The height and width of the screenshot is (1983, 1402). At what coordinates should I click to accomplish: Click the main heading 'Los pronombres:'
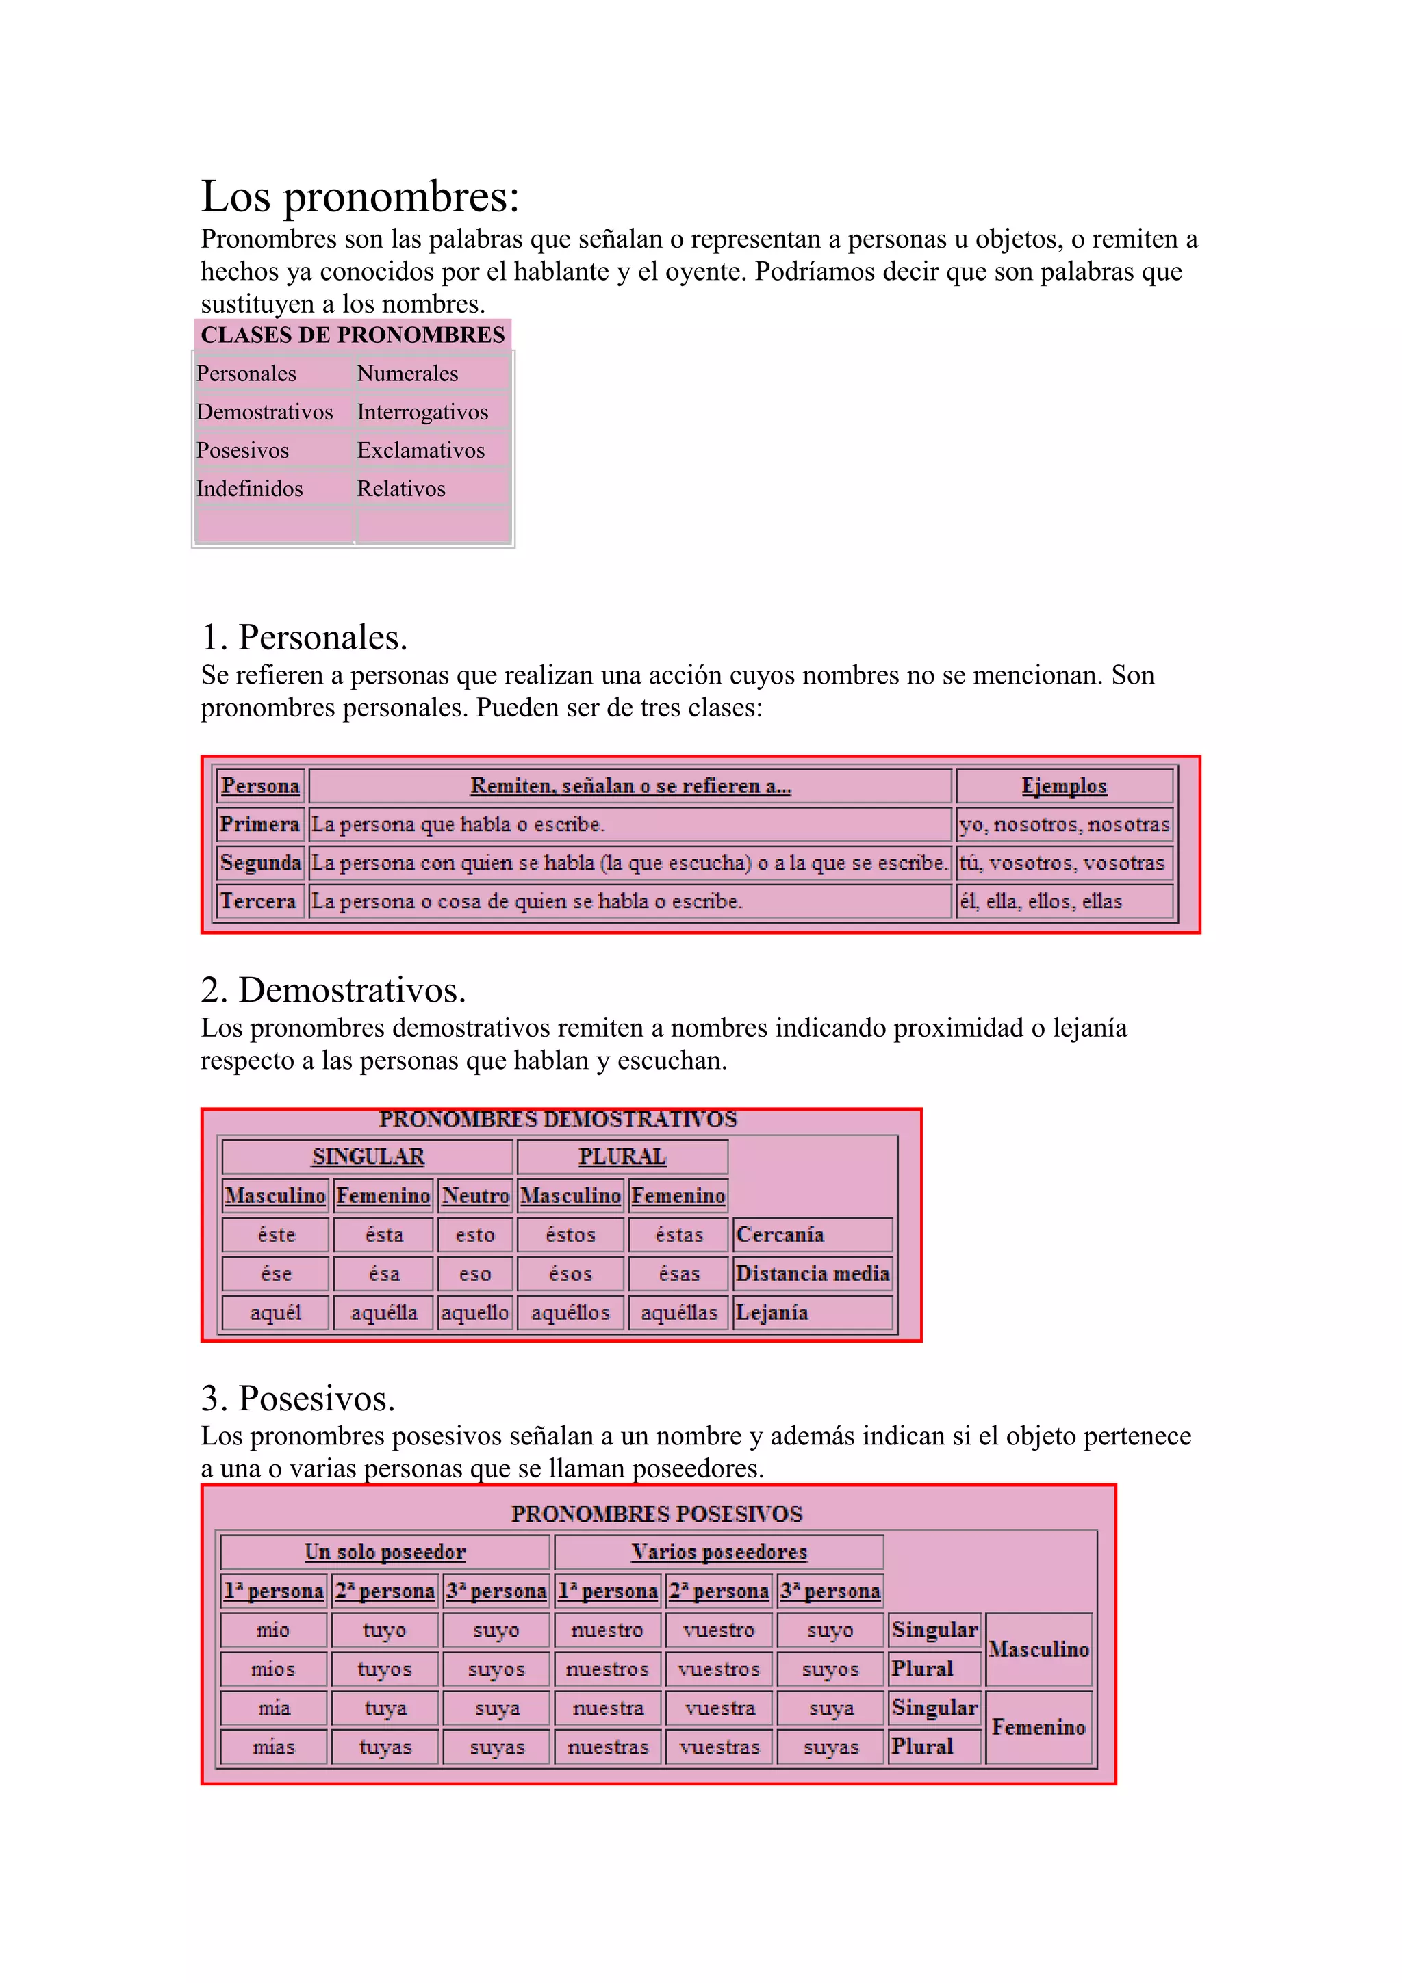360,197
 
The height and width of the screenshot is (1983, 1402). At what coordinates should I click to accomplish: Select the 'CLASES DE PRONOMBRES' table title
353,335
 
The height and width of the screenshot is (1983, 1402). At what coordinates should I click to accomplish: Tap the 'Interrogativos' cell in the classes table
422,412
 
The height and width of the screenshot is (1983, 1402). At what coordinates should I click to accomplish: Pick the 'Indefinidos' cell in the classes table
250,489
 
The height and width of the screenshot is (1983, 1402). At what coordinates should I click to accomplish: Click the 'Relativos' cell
401,489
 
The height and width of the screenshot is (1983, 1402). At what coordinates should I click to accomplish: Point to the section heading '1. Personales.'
304,638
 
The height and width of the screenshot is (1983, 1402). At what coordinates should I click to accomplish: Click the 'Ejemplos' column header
1063,786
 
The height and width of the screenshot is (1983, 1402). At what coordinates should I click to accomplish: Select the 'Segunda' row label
260,863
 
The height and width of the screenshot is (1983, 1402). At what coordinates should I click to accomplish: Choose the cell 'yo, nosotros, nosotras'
1063,825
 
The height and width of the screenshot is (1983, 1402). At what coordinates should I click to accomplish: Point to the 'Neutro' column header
475,1196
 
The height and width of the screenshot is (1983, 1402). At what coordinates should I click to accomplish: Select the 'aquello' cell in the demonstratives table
475,1313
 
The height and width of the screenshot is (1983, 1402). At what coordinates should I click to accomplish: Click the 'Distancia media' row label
812,1274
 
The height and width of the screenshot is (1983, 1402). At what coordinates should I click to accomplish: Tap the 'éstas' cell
679,1235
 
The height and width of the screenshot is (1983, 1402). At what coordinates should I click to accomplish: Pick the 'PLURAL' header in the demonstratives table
622,1157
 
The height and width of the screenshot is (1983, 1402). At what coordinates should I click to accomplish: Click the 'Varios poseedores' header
719,1552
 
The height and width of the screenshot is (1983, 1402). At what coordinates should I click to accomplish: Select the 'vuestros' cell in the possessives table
719,1670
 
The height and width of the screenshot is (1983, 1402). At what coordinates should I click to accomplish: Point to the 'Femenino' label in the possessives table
1038,1727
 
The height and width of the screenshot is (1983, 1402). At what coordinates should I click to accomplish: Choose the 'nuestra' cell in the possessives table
608,1709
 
